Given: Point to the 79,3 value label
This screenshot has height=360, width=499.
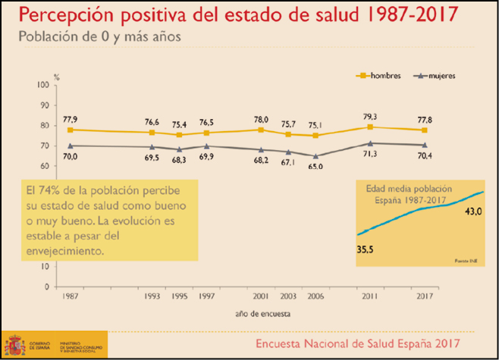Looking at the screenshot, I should (370, 117).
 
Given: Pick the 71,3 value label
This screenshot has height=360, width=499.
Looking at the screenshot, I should (370, 153).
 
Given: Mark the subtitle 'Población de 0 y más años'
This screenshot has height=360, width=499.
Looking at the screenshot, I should (100, 36).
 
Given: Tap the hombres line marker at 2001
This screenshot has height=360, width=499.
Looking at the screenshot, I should (261, 130).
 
